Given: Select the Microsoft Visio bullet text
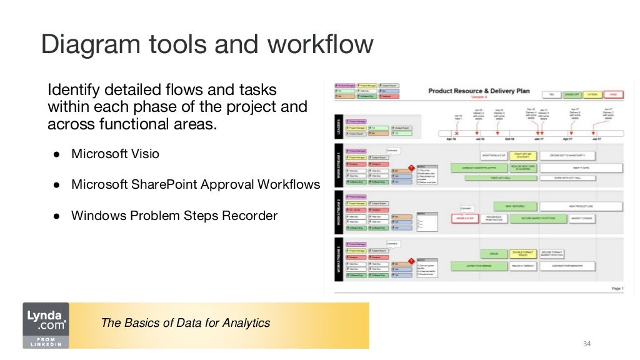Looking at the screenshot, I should pyautogui.click(x=115, y=154).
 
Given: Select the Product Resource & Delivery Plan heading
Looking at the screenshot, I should pyautogui.click(x=479, y=91).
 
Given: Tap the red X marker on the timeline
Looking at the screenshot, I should pyautogui.click(x=456, y=133).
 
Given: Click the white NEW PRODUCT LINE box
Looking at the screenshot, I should pyautogui.click(x=581, y=206).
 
